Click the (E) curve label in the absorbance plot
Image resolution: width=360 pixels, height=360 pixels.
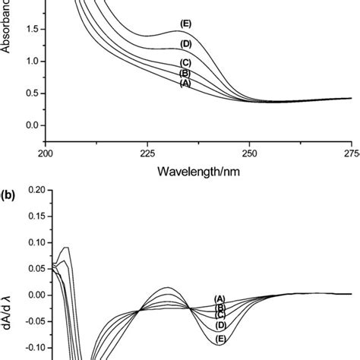(185, 24)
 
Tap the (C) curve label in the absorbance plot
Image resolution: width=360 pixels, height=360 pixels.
(185, 62)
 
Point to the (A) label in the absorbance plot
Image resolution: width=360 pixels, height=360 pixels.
(185, 84)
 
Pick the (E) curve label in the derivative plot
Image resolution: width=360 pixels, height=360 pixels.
(221, 338)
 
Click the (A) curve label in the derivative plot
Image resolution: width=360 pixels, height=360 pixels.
(220, 298)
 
